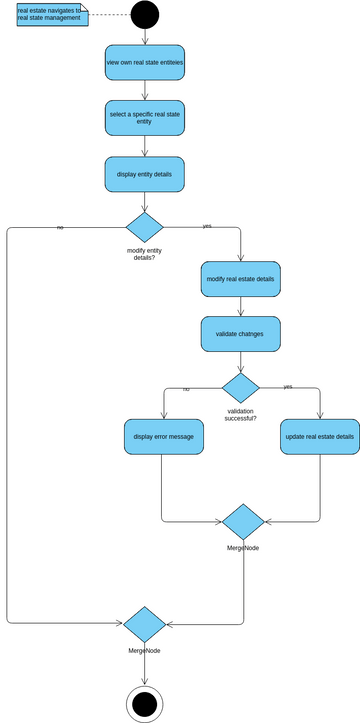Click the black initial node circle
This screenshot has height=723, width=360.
pyautogui.click(x=144, y=14)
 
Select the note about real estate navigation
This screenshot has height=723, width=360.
pyautogui.click(x=51, y=14)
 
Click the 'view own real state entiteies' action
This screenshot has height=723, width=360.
pyautogui.click(x=144, y=63)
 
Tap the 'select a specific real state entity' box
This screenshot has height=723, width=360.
pyautogui.click(x=144, y=117)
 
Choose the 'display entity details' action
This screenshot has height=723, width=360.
pyautogui.click(x=144, y=173)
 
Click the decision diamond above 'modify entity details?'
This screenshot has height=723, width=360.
pyautogui.click(x=144, y=227)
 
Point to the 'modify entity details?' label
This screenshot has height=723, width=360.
pyautogui.click(x=144, y=253)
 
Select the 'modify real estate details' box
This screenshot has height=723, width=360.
pyautogui.click(x=240, y=279)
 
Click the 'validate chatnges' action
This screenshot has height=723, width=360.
pyautogui.click(x=240, y=334)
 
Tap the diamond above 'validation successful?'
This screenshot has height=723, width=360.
pyautogui.click(x=240, y=387)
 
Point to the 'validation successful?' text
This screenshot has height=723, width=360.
pyautogui.click(x=240, y=414)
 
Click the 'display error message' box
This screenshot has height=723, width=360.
pyautogui.click(x=163, y=437)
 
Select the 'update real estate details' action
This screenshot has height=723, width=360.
pyautogui.click(x=319, y=437)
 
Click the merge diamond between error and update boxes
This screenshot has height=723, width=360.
pyautogui.click(x=243, y=522)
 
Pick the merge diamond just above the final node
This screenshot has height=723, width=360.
pyautogui.click(x=144, y=624)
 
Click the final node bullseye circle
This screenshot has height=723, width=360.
pyautogui.click(x=144, y=703)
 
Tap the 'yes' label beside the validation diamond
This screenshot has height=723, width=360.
pyautogui.click(x=288, y=386)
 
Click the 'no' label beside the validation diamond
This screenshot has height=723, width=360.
pyautogui.click(x=185, y=388)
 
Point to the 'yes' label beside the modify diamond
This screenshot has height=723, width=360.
pyautogui.click(x=207, y=226)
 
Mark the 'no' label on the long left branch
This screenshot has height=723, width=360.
pyautogui.click(x=60, y=228)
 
